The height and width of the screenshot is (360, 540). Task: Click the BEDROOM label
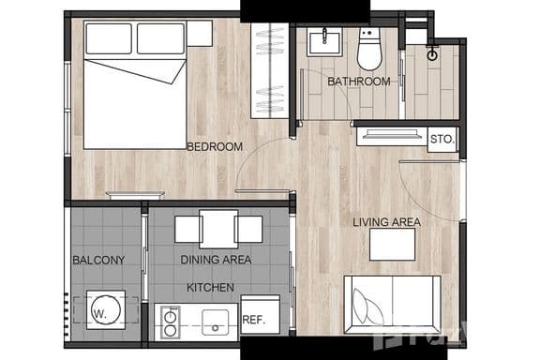point(215,146)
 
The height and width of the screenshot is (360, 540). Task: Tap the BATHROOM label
point(358,82)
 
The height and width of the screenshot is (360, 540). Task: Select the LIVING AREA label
point(386,222)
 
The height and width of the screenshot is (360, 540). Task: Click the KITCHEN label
point(210,287)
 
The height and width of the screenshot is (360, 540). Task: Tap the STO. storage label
point(442,141)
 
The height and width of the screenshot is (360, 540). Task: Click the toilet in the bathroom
point(369,50)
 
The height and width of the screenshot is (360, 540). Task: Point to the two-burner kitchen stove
point(171,322)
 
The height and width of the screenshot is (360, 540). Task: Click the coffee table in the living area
point(392,245)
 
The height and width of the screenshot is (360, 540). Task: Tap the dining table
point(218,229)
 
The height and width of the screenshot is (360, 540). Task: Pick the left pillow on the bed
point(109,38)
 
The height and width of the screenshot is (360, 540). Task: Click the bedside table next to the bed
point(199,33)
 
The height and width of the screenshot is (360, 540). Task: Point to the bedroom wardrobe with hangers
point(269,70)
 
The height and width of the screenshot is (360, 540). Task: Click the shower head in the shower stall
point(431,54)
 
